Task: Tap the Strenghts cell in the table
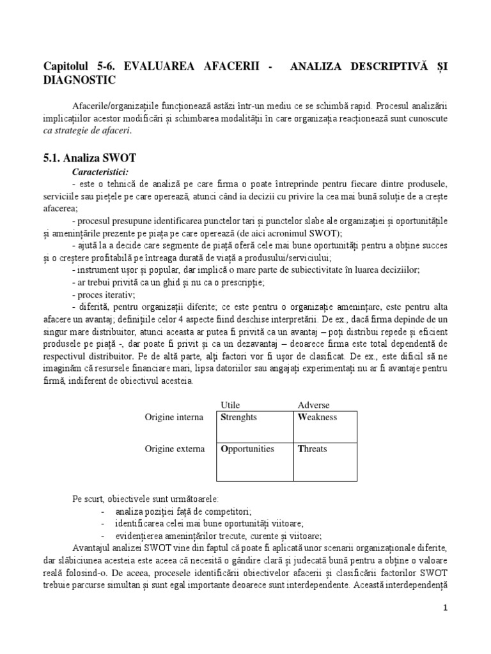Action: (x=239, y=417)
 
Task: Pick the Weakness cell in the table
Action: (x=318, y=417)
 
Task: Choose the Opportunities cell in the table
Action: (x=247, y=449)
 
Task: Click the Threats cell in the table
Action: (x=313, y=449)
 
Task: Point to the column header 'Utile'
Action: (x=230, y=406)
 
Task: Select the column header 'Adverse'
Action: (x=314, y=406)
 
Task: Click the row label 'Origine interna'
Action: (x=175, y=417)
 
